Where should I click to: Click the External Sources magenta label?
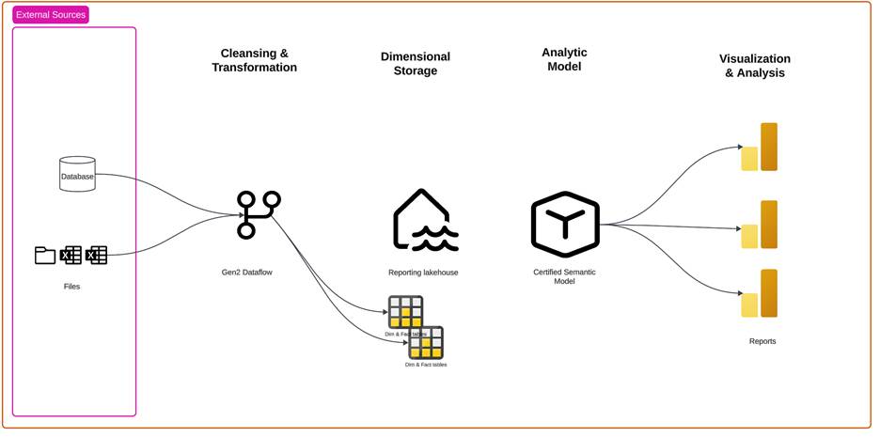[51, 15]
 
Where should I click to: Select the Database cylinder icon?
[77, 175]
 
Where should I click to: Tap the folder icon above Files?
[45, 255]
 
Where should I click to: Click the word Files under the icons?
[71, 286]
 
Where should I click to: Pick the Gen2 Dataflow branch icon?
[258, 215]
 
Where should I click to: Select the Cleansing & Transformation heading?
[254, 60]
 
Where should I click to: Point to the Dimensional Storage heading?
[416, 64]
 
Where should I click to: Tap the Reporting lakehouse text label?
[423, 273]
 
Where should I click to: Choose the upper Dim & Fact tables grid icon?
[406, 312]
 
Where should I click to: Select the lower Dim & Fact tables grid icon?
[426, 342]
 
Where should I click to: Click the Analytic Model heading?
[564, 59]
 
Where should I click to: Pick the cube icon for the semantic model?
[564, 224]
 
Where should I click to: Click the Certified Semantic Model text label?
[564, 276]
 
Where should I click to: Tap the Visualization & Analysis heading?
[756, 65]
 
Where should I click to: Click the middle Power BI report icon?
[760, 225]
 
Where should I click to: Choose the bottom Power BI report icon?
[760, 293]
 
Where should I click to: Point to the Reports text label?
[762, 341]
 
